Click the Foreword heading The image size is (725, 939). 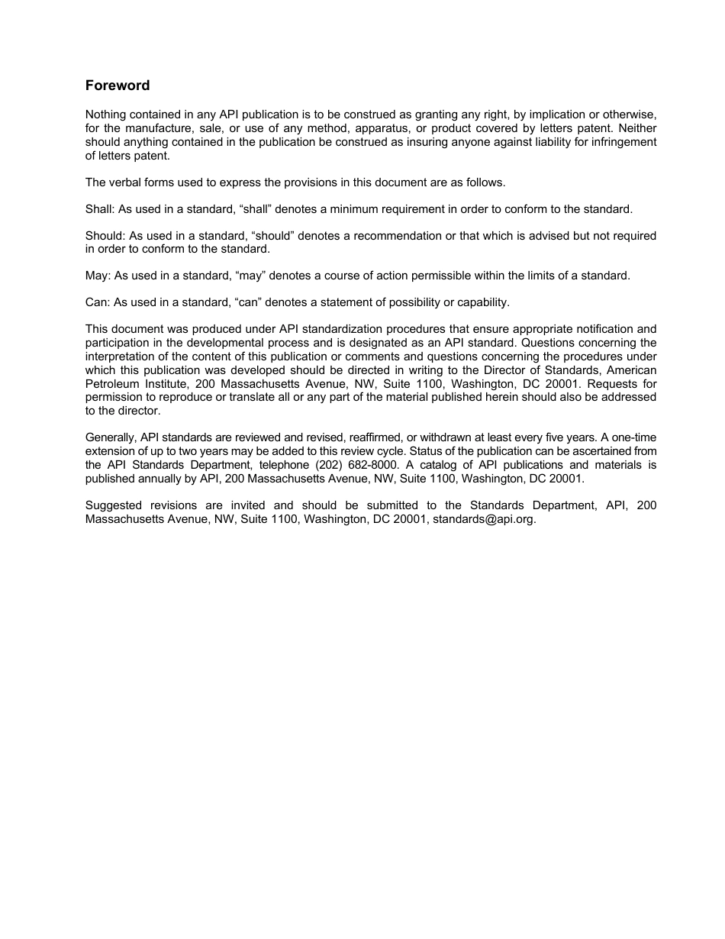[x=118, y=86]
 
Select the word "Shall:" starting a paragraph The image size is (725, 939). [x=100, y=209]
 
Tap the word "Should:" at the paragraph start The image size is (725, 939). [x=105, y=236]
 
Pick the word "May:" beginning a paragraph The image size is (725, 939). [x=98, y=276]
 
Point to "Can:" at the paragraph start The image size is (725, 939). [x=98, y=302]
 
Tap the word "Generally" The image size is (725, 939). [x=110, y=438]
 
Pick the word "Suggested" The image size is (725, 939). [x=111, y=505]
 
